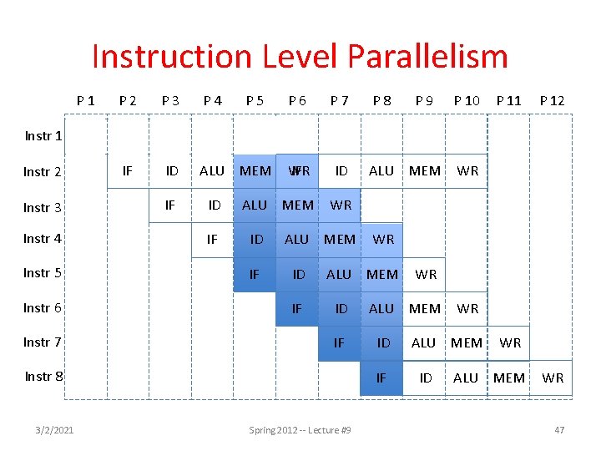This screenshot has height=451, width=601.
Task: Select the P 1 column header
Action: tap(85, 100)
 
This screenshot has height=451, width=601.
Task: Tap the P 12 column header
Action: tap(552, 100)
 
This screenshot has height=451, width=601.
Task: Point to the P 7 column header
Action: tap(339, 100)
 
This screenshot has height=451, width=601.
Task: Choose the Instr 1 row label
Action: tap(43, 135)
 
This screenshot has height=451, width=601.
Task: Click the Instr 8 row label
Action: tap(43, 376)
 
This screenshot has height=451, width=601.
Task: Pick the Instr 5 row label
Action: tap(43, 272)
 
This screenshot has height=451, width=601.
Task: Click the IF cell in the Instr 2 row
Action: tap(128, 171)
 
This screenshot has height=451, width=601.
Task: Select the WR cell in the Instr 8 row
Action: tap(553, 378)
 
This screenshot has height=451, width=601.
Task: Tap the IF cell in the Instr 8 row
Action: tap(381, 378)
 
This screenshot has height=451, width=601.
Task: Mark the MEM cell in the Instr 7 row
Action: tap(467, 342)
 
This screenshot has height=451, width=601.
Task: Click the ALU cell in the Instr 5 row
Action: tap(339, 274)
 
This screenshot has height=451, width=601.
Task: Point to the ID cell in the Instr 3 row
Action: tap(215, 205)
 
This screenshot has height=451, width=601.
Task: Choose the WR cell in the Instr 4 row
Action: tap(383, 240)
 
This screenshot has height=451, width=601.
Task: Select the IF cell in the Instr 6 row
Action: tap(296, 309)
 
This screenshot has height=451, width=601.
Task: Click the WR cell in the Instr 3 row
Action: tap(341, 205)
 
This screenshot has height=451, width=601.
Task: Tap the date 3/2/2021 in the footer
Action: tap(54, 430)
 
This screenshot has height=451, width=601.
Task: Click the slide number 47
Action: tap(559, 430)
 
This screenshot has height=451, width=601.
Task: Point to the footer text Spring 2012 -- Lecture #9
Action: tap(300, 430)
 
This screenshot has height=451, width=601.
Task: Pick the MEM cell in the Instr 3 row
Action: tap(298, 205)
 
